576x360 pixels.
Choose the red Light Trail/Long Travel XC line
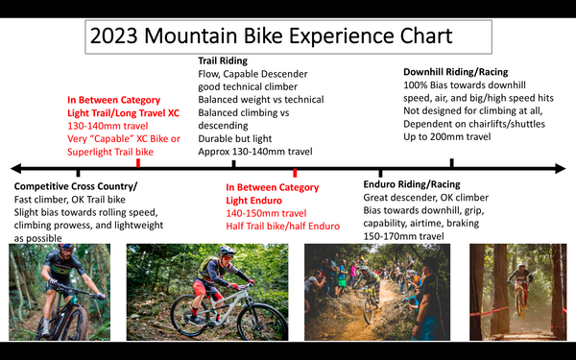(124, 113)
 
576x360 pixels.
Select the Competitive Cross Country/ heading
(77, 185)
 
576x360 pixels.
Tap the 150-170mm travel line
(404, 236)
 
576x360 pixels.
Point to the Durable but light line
(238, 137)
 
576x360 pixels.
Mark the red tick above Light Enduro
(295, 172)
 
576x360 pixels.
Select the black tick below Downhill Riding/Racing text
(451, 164)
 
